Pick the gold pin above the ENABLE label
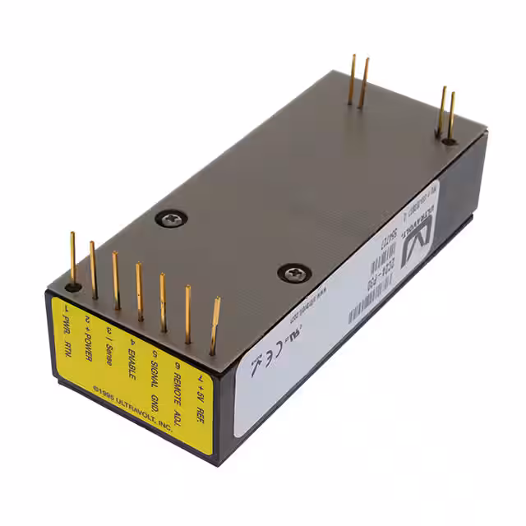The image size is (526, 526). tap(138, 291)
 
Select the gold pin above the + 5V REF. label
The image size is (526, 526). tap(215, 325)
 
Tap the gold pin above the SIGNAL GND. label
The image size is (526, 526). tap(163, 302)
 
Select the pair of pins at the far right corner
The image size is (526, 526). tap(446, 113)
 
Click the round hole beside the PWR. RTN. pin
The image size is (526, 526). tap(73, 288)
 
